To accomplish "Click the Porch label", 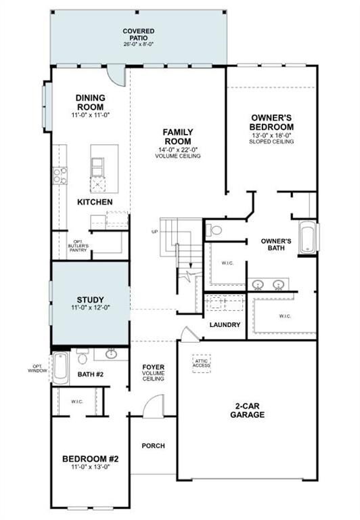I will (154, 446).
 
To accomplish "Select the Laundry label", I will (225, 325).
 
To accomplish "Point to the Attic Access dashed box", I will (202, 363).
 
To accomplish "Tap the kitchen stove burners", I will (60, 176).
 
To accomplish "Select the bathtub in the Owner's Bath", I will (307, 238).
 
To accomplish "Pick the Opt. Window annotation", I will (37, 369).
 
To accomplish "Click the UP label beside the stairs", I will (155, 232).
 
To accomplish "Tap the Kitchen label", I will (95, 202).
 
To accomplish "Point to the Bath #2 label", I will (89, 374).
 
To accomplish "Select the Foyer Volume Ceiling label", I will (154, 372).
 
